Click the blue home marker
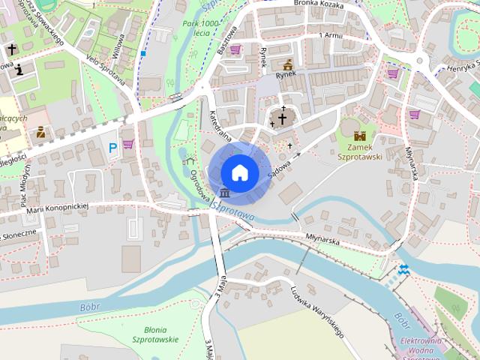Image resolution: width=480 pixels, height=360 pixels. (240, 172)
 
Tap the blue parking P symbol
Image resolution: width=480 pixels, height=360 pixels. (112, 148)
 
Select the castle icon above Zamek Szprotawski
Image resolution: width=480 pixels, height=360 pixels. (359, 136)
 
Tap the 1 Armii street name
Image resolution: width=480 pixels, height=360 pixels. (330, 35)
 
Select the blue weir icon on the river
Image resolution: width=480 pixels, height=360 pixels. (403, 270)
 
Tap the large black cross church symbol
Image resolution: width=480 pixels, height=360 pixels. (282, 118)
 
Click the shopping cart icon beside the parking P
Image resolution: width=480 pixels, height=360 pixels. (128, 144)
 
